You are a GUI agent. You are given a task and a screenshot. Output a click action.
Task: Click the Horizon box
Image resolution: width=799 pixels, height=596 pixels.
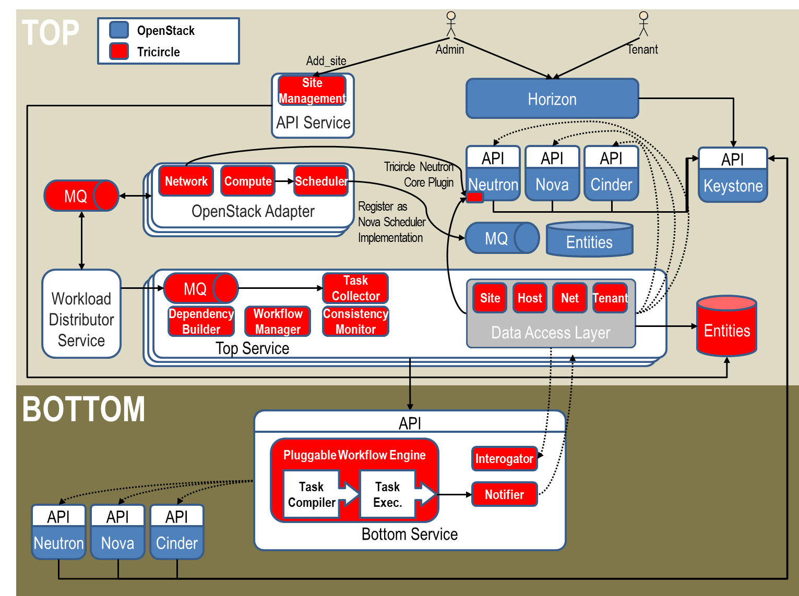tap(552, 99)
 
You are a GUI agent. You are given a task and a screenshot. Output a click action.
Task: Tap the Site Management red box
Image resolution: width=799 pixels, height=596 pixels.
tap(312, 90)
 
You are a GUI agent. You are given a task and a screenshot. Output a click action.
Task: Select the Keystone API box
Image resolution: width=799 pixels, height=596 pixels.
tap(733, 175)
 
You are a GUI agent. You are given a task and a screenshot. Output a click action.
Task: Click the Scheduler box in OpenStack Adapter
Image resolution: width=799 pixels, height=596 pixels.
tap(321, 181)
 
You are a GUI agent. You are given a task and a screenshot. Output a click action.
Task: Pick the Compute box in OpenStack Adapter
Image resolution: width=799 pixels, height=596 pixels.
tap(248, 181)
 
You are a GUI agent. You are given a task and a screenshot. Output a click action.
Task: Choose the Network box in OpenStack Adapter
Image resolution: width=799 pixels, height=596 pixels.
tap(186, 181)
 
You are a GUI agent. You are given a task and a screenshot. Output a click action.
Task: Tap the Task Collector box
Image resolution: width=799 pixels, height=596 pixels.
tap(355, 288)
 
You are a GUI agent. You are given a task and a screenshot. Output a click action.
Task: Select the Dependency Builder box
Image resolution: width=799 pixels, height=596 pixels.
tap(201, 321)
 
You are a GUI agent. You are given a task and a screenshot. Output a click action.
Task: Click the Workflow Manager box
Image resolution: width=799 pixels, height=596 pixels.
tap(278, 321)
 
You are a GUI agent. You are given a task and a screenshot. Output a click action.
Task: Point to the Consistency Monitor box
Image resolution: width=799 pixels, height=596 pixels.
tap(355, 321)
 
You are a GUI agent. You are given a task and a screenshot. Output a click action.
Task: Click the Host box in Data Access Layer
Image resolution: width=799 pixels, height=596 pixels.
tap(530, 298)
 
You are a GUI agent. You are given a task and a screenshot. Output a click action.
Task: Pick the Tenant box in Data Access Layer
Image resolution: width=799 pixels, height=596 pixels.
tap(610, 298)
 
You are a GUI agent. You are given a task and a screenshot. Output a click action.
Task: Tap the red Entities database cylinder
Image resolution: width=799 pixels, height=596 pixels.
tap(726, 326)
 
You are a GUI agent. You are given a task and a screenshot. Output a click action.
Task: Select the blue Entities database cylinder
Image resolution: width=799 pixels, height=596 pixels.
tap(589, 239)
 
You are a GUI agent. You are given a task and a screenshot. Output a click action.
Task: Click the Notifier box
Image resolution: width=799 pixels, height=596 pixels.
tap(504, 494)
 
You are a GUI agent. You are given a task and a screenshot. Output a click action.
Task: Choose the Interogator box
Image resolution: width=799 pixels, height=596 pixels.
tap(504, 459)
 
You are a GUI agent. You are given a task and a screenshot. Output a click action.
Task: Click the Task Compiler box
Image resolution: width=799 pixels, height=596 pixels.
tap(312, 494)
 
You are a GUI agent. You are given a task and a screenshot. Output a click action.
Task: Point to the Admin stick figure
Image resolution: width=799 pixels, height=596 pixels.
tap(451, 25)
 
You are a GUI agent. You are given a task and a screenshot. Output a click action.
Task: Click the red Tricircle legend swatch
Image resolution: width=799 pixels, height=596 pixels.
tap(119, 52)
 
